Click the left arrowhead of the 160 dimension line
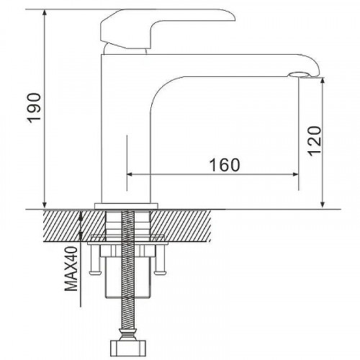(x=130, y=174)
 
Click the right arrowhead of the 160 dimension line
(x=295, y=174)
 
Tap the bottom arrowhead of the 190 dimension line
(x=45, y=205)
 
